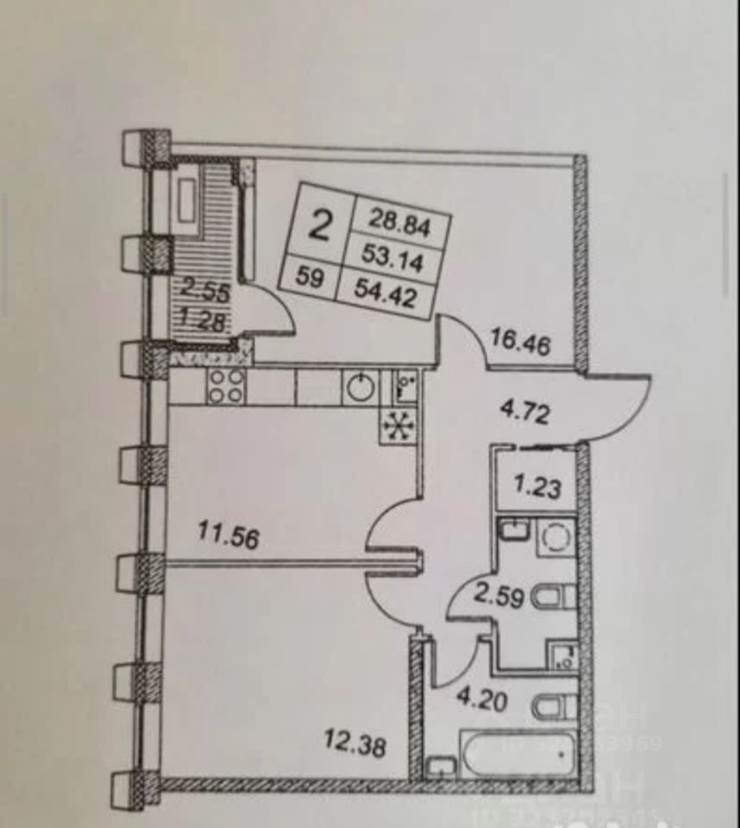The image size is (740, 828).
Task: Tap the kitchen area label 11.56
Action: tap(229, 537)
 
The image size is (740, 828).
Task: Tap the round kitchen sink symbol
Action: tap(360, 387)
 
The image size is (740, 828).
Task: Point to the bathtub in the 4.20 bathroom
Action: tap(517, 758)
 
